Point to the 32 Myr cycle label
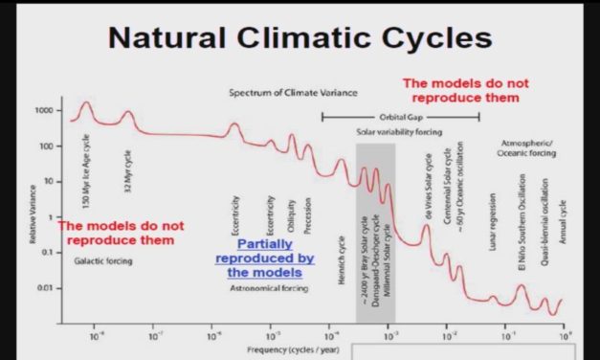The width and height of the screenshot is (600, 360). pos(127,158)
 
